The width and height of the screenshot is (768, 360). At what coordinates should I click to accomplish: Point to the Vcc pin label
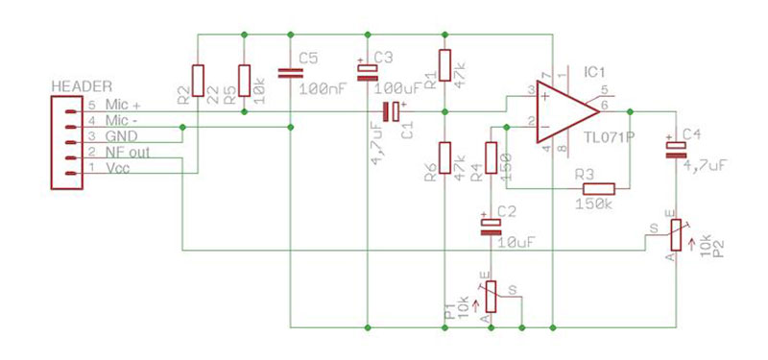point(118,169)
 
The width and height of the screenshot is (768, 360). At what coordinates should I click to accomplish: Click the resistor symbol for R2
point(198,81)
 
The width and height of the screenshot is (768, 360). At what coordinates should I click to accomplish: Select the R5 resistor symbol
point(244,81)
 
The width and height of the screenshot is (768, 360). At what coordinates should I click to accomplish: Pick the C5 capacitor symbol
point(290,72)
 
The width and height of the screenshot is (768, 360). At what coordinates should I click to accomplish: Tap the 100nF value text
point(324,89)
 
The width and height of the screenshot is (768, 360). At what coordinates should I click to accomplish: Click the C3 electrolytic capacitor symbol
point(369,72)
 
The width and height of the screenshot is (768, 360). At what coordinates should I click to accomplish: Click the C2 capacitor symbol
point(491,226)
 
